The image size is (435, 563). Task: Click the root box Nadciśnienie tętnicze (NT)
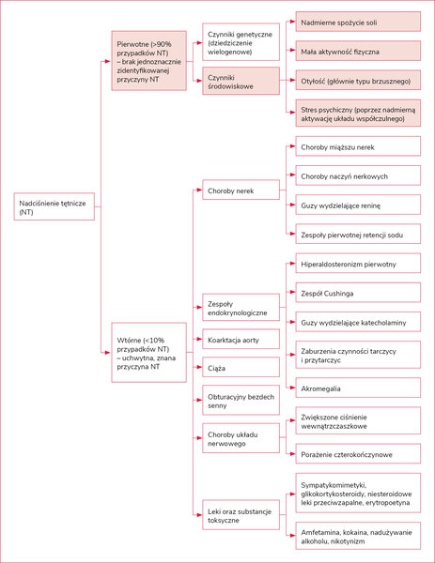coord(54,206)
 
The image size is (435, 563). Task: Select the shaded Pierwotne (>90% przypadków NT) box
coord(148,61)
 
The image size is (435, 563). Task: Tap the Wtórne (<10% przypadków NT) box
coord(148,352)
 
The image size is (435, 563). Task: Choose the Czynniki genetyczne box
coord(241,42)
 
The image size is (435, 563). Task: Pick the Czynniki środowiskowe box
coord(241,81)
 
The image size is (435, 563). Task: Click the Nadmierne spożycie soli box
coord(358,22)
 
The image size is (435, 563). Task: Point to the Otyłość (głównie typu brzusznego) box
coord(358,81)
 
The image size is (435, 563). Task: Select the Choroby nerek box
coord(241,190)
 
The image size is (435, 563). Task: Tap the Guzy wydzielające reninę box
coord(358,205)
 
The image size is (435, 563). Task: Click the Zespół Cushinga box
coord(358,292)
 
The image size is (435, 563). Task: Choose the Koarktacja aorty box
coord(241,339)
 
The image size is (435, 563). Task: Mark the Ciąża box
coord(241,367)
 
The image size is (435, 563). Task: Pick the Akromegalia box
coord(358,388)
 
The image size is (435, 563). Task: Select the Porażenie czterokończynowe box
coord(358,454)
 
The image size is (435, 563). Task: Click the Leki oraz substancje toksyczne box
coord(241,515)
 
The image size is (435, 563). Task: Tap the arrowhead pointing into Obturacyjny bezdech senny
coord(199,400)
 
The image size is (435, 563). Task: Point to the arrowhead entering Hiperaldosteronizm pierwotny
coord(292,264)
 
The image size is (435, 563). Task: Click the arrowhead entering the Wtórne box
coord(108,353)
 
